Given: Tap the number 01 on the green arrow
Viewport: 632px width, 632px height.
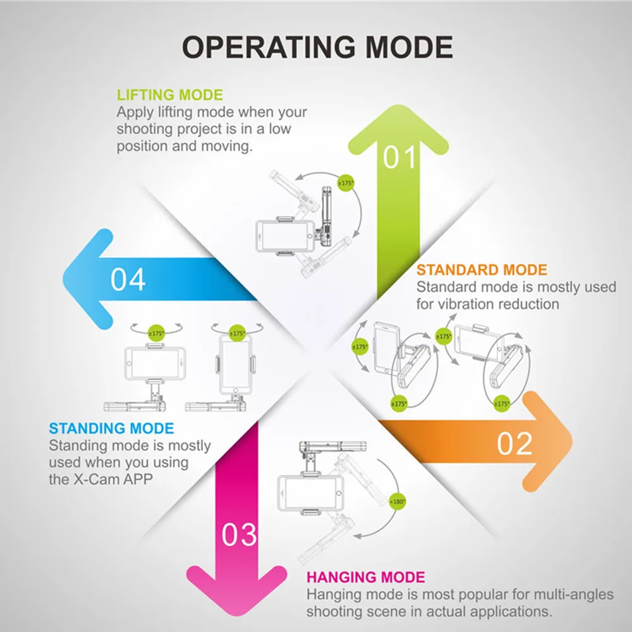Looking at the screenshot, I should pos(400,157).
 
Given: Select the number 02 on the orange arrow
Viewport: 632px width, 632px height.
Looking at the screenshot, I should pos(514,444).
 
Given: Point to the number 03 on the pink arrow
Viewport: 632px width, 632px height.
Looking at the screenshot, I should pos(239,535).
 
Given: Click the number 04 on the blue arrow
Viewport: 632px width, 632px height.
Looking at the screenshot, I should pos(128,279).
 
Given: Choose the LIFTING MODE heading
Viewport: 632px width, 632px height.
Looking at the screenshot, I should pos(170,95).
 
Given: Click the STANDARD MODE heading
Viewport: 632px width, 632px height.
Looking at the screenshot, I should pos(482,270).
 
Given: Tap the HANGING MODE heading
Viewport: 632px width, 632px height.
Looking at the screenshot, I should pos(365,577).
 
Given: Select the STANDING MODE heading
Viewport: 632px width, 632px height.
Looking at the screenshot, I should pos(111,428).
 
